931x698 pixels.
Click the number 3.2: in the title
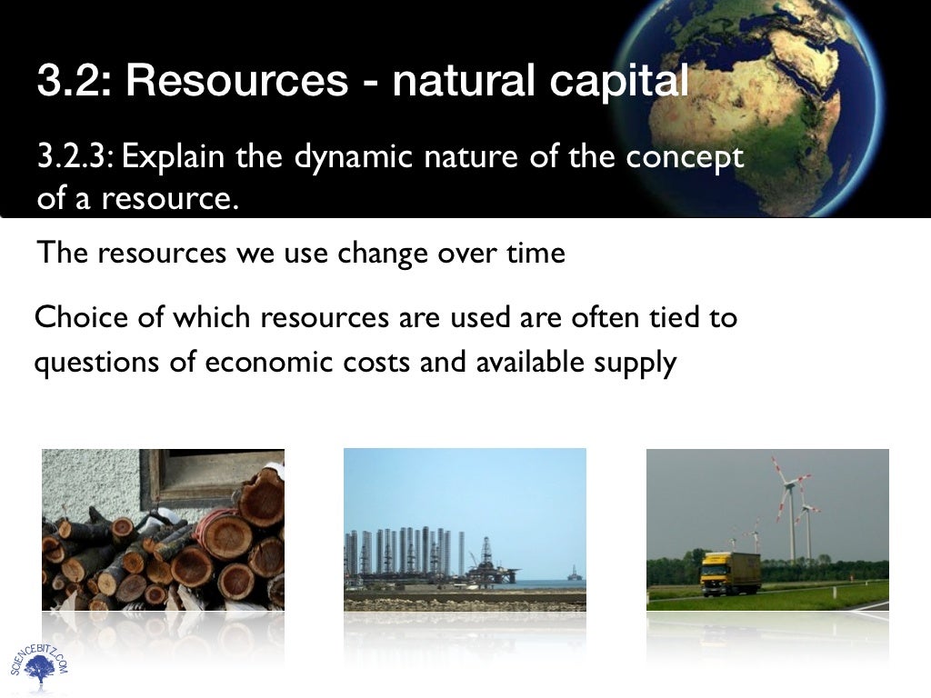coord(73,81)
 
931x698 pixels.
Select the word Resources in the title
coord(236,81)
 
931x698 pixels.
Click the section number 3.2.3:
coord(75,157)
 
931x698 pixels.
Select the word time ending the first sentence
coord(535,253)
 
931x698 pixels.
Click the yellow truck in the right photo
coord(730,573)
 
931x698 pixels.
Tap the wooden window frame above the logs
coord(215,473)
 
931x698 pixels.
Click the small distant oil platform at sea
coord(573,575)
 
